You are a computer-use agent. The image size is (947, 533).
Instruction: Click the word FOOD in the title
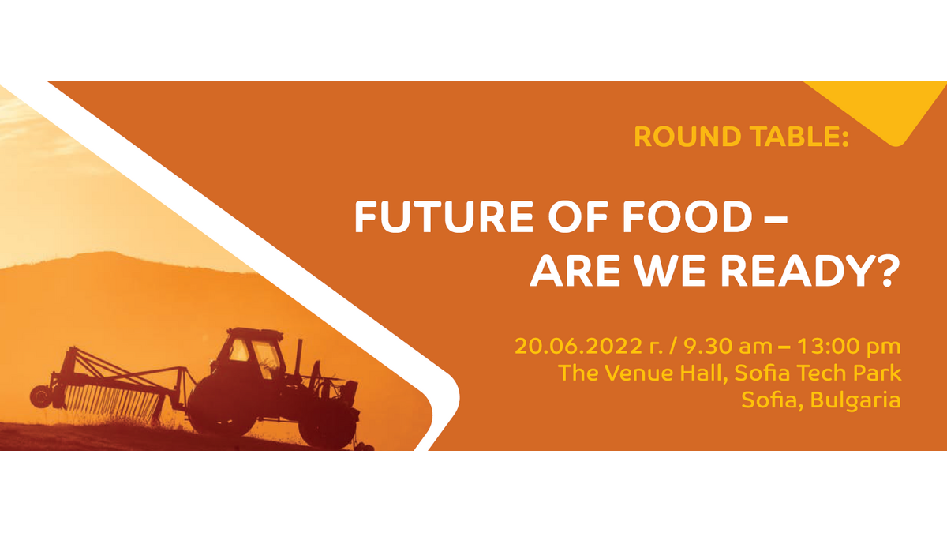tap(688, 217)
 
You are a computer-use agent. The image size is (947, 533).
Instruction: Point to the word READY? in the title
tap(810, 271)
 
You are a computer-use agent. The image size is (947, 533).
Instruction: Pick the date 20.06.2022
tap(578, 347)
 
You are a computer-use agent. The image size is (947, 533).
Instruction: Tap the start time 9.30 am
tap(728, 347)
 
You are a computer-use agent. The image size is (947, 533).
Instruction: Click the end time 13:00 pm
tap(849, 347)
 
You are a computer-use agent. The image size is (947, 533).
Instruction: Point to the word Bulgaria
tap(855, 400)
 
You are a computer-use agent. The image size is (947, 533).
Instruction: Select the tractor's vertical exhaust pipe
tap(299, 358)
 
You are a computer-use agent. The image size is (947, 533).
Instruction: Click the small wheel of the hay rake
tap(41, 397)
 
